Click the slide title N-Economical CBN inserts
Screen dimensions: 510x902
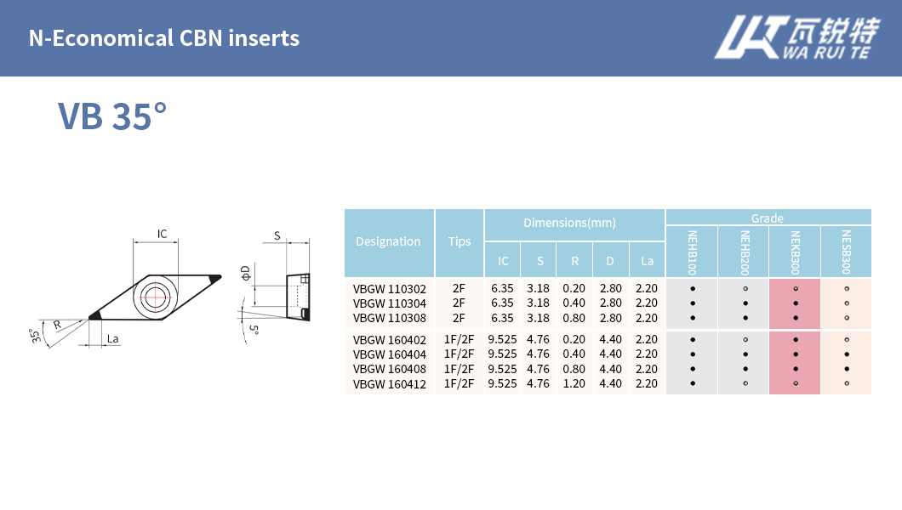pos(164,38)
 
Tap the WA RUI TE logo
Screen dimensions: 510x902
pos(795,39)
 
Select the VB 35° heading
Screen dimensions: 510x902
pos(112,116)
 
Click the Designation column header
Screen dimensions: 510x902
pos(388,241)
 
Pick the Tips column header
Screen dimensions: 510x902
pos(460,241)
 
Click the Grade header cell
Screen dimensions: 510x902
pos(768,218)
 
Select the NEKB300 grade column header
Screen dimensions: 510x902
pos(795,252)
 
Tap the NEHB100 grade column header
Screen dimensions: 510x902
pos(692,252)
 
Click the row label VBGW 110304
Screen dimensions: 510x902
pos(389,303)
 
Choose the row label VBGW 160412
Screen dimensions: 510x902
pos(389,383)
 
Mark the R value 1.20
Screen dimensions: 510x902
pos(574,383)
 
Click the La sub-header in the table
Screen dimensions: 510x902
pos(647,261)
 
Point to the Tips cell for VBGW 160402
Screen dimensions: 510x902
pos(459,339)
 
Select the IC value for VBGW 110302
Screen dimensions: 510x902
pos(502,288)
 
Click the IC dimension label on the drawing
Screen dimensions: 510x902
pos(162,234)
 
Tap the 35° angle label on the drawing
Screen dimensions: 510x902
pos(35,335)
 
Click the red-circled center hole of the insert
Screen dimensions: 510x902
pos(155,297)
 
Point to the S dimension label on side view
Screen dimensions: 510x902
pos(277,235)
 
